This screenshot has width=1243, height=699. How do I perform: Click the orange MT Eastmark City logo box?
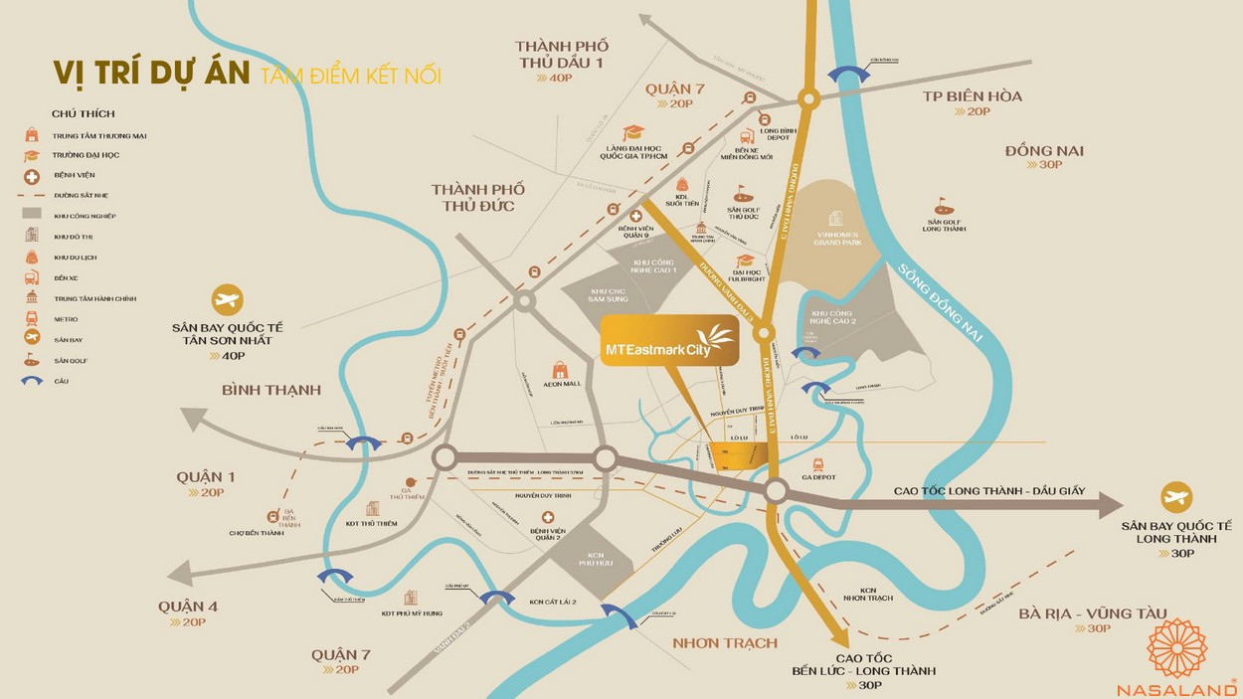pyautogui.click(x=668, y=340)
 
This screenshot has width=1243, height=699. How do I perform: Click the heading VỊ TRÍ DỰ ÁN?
pyautogui.click(x=150, y=74)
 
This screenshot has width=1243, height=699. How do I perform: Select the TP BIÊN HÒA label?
pyautogui.click(x=972, y=96)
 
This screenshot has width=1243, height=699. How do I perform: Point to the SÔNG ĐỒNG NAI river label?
pyautogui.click(x=940, y=303)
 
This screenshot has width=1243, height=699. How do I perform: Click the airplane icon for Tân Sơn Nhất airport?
pyautogui.click(x=228, y=299)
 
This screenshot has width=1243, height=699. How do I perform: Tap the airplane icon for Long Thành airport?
pyautogui.click(x=1176, y=497)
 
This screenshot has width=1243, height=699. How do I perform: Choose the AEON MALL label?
pyautogui.click(x=561, y=384)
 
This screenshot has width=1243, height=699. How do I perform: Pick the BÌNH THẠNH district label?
pyautogui.click(x=271, y=390)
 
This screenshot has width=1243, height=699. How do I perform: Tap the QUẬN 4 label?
pyautogui.click(x=187, y=607)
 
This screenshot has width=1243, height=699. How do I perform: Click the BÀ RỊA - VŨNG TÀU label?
pyautogui.click(x=1092, y=613)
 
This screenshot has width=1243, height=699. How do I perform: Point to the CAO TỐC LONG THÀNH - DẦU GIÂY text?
pyautogui.click(x=987, y=491)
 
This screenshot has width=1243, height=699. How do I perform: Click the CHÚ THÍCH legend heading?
pyautogui.click(x=84, y=114)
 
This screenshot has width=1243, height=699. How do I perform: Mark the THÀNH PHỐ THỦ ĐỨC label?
pyautogui.click(x=477, y=197)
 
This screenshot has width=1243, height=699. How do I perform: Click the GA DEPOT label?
pyautogui.click(x=818, y=476)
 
